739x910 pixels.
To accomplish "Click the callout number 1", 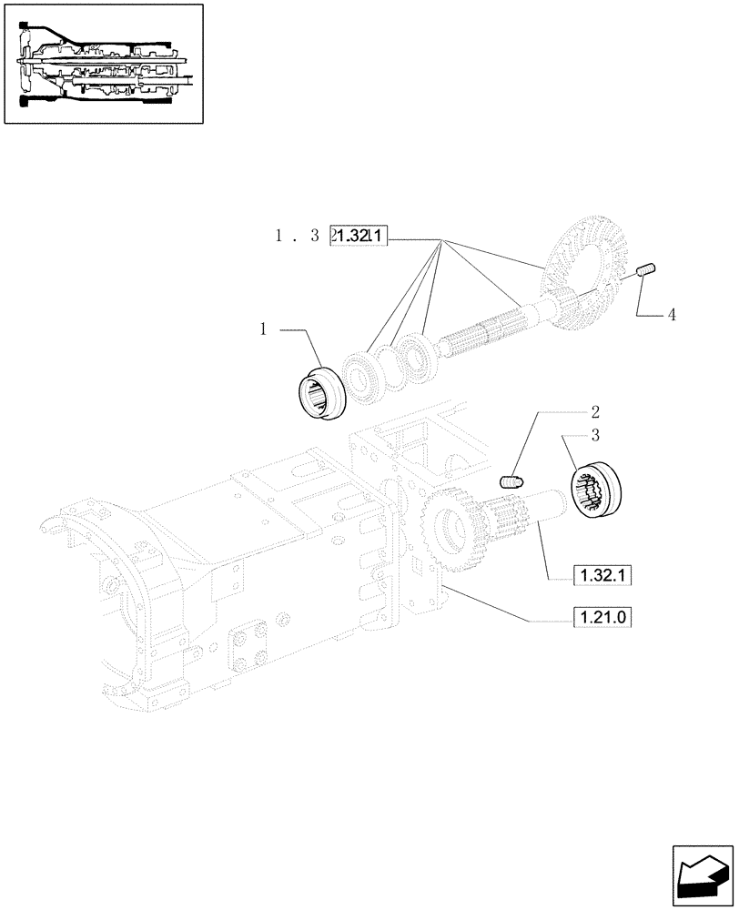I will point(263,330).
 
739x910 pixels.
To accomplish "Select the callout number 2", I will point(594,410).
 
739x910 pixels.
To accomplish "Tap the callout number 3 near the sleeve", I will point(594,434).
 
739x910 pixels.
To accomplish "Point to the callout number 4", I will point(671,315).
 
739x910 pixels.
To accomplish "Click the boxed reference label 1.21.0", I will point(602,619).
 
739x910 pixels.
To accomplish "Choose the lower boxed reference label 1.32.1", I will point(602,575).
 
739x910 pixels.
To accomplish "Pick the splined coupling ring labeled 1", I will point(322,391).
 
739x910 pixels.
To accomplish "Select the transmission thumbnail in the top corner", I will point(103,65).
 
